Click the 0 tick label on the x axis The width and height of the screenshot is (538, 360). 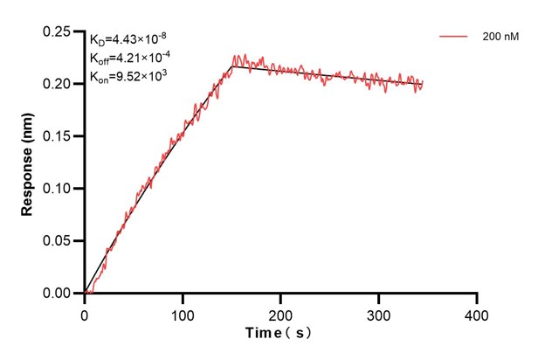click(85, 313)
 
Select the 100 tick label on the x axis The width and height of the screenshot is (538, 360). click(183, 313)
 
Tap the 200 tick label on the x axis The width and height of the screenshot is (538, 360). click(280, 313)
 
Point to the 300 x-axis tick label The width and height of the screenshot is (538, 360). click(378, 313)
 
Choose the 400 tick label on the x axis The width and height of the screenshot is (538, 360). click(476, 313)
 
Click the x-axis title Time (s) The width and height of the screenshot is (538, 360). click(279, 333)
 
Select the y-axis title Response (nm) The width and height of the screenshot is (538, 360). click(27, 163)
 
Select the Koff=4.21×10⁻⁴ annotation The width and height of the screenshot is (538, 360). click(128, 58)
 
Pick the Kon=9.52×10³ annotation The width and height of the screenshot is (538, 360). click(128, 76)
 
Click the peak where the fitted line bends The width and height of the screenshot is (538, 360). click(231, 66)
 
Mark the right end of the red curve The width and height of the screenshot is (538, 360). click(422, 85)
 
